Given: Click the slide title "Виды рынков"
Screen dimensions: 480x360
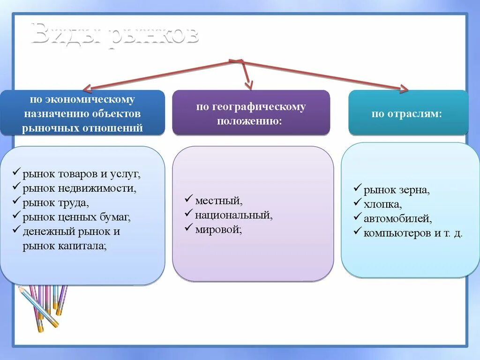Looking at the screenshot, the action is click(x=115, y=35).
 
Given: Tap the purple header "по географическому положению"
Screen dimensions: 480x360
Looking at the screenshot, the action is click(x=251, y=113).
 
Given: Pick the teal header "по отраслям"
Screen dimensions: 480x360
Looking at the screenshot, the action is click(x=407, y=114).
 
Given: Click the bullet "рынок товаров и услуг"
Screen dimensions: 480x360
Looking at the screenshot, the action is click(x=81, y=174).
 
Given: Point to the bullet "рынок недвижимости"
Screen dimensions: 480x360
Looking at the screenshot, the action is click(x=79, y=188).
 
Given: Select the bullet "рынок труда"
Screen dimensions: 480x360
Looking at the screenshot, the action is click(x=55, y=203).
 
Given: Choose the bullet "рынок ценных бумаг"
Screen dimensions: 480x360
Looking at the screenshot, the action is click(x=76, y=217).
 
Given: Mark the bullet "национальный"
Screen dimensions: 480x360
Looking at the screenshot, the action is click(x=233, y=215).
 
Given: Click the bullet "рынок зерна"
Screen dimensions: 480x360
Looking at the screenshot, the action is click(x=396, y=190).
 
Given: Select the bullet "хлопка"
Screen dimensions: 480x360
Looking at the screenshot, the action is click(x=382, y=204).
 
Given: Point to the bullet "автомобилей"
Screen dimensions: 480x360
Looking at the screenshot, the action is click(x=397, y=218).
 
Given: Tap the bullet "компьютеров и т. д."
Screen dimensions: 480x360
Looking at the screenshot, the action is click(x=412, y=233).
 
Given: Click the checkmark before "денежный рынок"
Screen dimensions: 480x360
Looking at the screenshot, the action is click(x=16, y=230).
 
